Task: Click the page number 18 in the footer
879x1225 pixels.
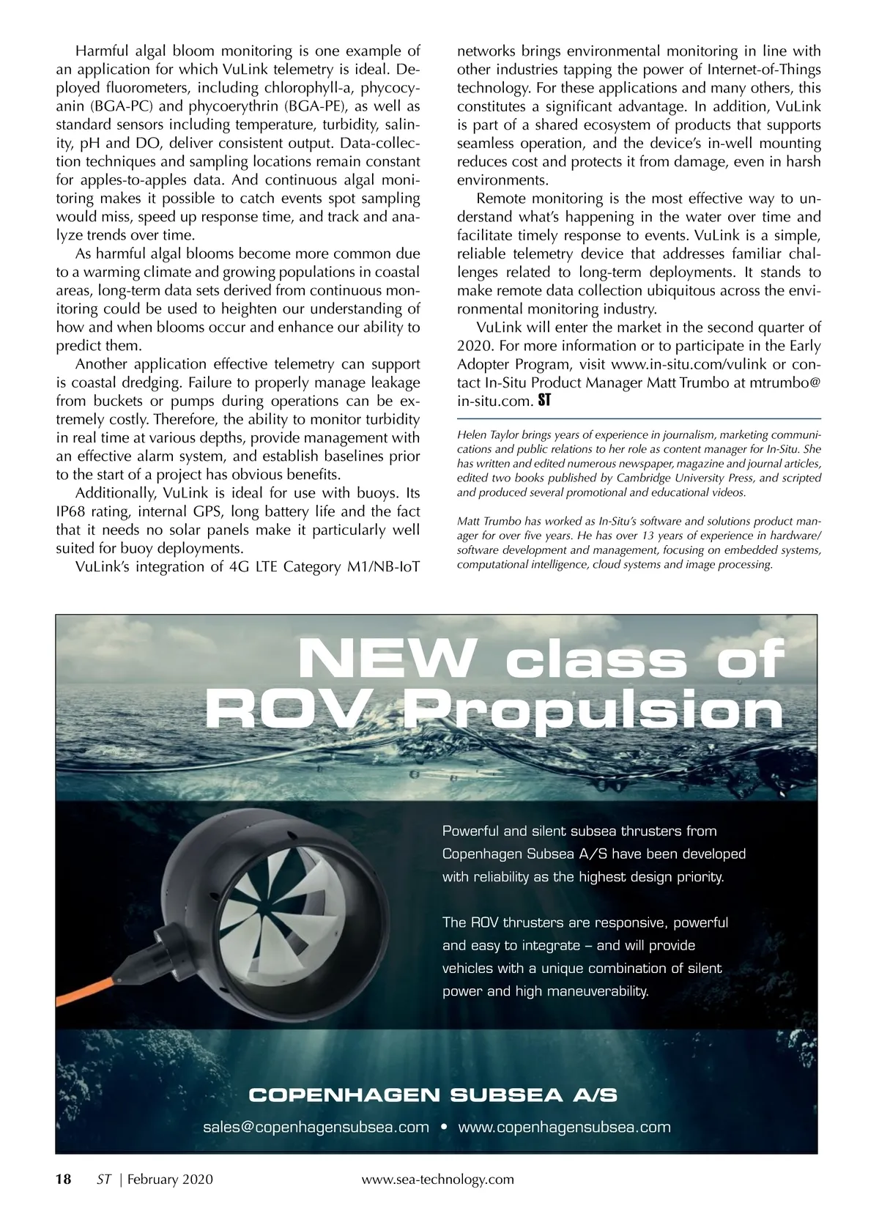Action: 64,1179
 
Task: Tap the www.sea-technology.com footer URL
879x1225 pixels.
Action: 438,1179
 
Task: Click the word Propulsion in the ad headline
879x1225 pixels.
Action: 590,711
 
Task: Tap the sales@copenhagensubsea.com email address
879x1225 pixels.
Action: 316,1127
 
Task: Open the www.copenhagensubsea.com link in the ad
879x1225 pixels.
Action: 564,1127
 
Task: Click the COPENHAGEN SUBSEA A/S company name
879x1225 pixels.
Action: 433,1095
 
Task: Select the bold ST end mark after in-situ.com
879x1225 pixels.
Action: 544,401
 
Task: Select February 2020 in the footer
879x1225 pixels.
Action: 170,1179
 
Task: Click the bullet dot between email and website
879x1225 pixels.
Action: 444,1127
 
